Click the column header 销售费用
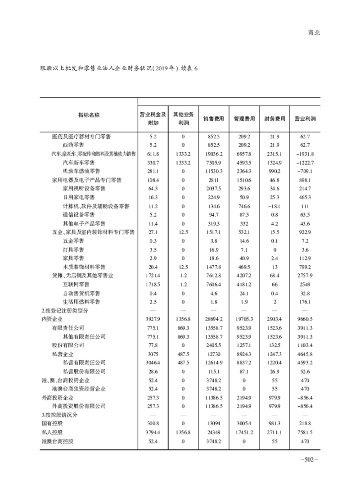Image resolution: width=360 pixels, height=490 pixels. click(213, 119)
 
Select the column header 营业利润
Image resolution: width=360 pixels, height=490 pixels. click(305, 119)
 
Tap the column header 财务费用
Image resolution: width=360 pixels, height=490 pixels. click(274, 119)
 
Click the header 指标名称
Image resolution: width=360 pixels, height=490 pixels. click(89, 115)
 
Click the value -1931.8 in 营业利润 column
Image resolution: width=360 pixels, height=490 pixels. click(305, 154)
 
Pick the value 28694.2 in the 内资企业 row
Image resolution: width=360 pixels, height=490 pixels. click(213, 319)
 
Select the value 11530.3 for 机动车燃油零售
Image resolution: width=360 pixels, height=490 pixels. click(213, 171)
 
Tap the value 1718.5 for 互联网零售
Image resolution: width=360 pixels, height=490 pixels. click(153, 284)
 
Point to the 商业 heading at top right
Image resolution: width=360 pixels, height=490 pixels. click(314, 32)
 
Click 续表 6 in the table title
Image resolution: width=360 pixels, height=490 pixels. click(189, 68)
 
